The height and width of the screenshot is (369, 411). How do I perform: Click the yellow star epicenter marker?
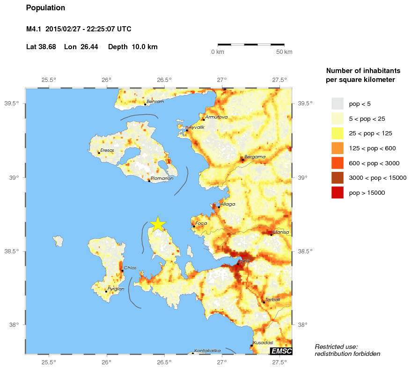158,224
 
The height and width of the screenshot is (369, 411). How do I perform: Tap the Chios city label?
130,268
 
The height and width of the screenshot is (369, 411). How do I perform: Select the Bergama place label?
255,157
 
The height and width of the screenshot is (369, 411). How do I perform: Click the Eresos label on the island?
107,150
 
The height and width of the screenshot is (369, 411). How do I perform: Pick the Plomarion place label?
162,178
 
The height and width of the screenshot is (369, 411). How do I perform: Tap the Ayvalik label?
197,127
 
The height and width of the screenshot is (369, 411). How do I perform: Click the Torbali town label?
272,300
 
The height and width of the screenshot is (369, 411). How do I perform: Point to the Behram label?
155,102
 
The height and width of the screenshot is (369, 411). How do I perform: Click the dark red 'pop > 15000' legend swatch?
337,192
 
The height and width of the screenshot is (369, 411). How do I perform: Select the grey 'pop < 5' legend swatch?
337,103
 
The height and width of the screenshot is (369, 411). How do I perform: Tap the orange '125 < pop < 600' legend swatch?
337,148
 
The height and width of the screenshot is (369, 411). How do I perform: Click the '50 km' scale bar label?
285,52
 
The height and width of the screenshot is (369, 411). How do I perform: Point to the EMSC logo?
281,351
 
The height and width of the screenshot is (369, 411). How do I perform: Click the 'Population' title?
45,8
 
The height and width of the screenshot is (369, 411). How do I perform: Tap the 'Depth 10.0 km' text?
132,47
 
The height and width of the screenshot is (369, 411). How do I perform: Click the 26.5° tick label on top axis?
164,80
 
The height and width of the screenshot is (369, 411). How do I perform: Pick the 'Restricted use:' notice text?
336,347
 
